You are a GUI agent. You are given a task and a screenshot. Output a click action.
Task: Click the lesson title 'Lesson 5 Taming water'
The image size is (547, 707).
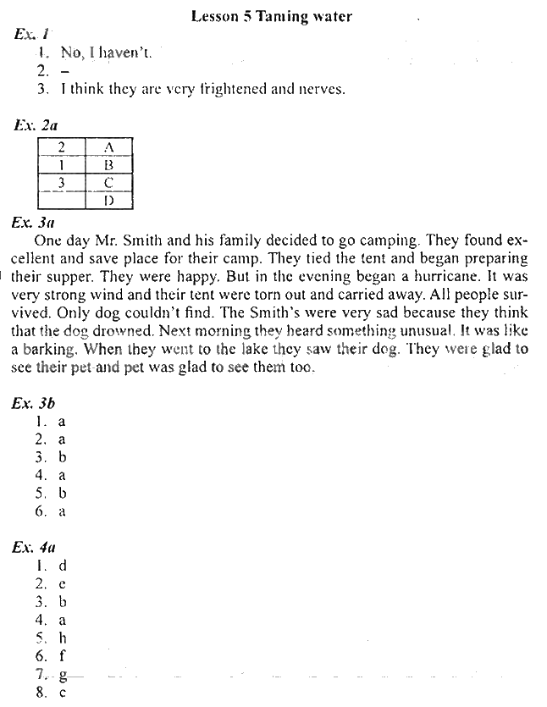click(x=271, y=15)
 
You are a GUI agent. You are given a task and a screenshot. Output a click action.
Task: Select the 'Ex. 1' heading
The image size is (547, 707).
click(x=32, y=34)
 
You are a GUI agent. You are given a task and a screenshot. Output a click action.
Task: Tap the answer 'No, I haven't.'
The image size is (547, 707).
click(x=107, y=52)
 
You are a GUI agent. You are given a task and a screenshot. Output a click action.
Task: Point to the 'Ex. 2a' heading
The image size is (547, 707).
click(x=36, y=125)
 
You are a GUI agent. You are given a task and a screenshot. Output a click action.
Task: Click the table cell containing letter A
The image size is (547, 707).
click(x=108, y=147)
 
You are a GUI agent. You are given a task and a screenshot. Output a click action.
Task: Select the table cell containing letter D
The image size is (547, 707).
click(x=108, y=201)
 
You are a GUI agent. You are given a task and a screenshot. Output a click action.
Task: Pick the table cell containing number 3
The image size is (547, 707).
click(x=61, y=183)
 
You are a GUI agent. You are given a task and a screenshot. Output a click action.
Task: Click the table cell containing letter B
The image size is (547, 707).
click(x=108, y=165)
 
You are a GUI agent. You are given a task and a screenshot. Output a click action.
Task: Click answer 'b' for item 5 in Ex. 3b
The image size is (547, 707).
click(x=62, y=493)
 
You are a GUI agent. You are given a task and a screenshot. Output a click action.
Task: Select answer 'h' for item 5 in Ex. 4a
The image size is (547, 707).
click(x=62, y=637)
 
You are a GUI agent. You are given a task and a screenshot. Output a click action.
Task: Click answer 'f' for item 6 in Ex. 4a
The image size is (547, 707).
click(x=62, y=655)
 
